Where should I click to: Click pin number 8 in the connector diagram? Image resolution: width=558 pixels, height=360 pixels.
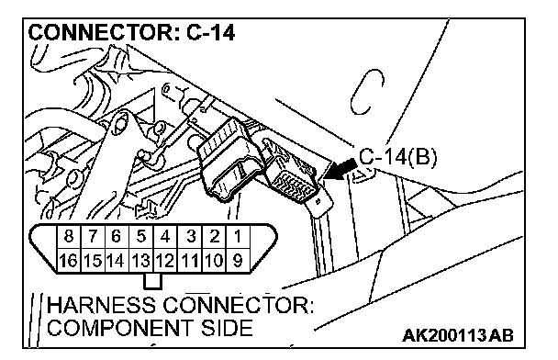tap(69, 236)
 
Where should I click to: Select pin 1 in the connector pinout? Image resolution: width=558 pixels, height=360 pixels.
tap(238, 236)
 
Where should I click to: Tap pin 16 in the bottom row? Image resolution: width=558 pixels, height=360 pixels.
tap(69, 261)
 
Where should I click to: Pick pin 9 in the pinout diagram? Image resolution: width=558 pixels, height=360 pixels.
tap(238, 261)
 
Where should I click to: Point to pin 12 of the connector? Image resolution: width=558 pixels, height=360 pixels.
tap(165, 261)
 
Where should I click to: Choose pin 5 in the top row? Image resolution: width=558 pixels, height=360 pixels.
tap(141, 236)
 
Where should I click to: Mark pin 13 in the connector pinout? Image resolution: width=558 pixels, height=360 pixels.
tap(141, 261)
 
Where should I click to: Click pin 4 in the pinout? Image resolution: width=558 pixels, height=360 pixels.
tap(165, 236)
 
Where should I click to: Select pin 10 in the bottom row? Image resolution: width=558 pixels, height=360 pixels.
tap(214, 261)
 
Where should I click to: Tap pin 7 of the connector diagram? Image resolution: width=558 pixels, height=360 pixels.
tap(93, 236)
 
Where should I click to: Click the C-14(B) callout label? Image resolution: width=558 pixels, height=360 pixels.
tap(397, 157)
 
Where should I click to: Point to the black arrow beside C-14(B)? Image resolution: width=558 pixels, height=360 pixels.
tap(340, 170)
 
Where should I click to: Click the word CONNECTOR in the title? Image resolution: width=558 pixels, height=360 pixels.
tap(100, 33)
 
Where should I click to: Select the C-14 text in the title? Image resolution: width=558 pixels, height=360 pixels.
tap(211, 33)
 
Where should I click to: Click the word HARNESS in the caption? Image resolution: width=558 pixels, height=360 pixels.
tap(102, 305)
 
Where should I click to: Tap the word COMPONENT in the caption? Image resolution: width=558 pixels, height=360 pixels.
tap(120, 328)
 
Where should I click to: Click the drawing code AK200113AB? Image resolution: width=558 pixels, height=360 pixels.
tap(458, 335)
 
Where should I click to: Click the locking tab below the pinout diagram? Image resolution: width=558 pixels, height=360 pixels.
tap(153, 281)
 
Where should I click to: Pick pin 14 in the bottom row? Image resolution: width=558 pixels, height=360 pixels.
tap(117, 261)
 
